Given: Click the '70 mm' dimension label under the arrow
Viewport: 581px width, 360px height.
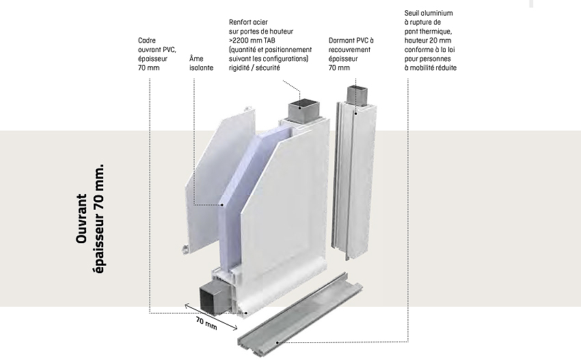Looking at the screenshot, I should pyautogui.click(x=206, y=324).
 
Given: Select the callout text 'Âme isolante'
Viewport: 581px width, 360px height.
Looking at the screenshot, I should pyautogui.click(x=201, y=64).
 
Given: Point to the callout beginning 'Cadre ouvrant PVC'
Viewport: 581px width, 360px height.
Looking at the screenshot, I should pyautogui.click(x=157, y=54).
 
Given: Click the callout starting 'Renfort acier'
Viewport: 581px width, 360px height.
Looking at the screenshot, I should pyautogui.click(x=269, y=49).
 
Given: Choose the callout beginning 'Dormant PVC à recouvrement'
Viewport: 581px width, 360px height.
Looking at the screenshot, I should pyautogui.click(x=351, y=54).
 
